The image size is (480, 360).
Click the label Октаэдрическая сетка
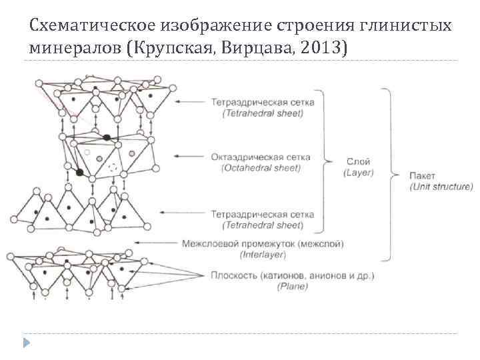pos(261,157)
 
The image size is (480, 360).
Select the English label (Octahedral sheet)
pos(261,168)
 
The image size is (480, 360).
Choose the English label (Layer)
pos(359,172)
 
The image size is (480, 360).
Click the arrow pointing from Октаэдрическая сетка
pos(191,157)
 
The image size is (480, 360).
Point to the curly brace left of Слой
pos(327,161)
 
